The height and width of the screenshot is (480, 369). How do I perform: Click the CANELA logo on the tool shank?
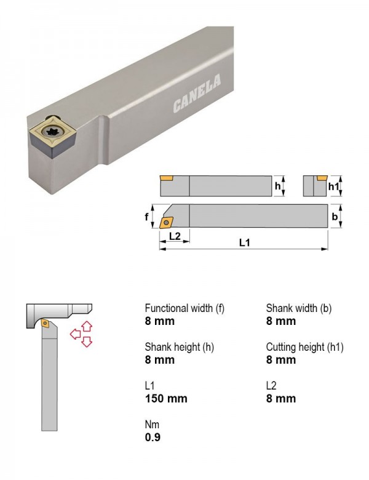197,94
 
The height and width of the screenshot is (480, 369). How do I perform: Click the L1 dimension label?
245,242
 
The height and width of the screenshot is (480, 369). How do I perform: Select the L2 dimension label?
175,236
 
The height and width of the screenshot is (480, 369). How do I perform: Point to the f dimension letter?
146,217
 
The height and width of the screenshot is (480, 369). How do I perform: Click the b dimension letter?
335,217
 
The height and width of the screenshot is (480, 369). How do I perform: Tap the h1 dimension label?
333,186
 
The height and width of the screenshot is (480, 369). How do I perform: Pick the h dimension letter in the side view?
277,186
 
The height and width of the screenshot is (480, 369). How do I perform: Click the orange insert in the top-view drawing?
166,223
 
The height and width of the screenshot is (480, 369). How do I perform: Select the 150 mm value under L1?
166,399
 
